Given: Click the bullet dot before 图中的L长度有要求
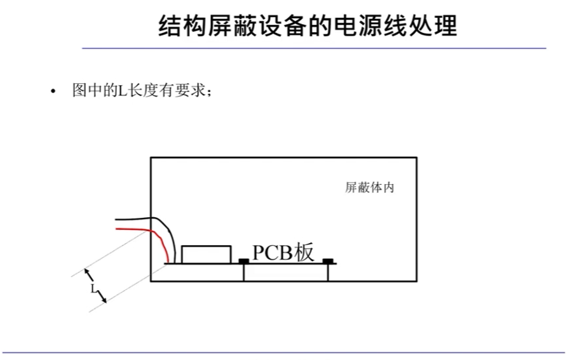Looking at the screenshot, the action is coord(55,92).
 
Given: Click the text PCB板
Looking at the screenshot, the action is coord(283,252).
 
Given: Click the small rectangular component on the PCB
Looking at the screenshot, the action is coord(207,254).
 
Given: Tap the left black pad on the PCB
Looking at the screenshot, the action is coord(243,260).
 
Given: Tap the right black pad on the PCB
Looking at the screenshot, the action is coord(328,260).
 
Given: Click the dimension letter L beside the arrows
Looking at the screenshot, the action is coord(93,290).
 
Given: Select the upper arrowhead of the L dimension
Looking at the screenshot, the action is coord(88,274).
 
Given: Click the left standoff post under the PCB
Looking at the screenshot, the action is coord(245,272).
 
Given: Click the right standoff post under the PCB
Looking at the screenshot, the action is coord(328,272).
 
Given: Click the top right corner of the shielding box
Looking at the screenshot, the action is coord(417,157).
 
